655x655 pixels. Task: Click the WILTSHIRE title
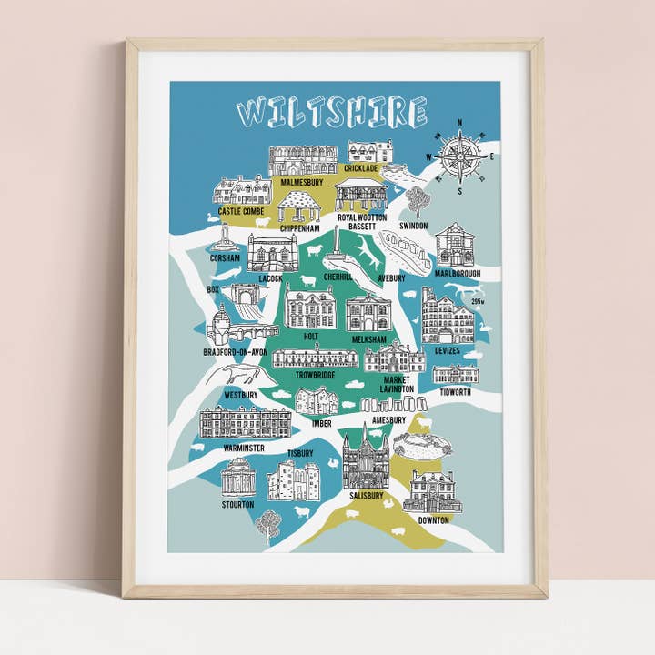pyautogui.click(x=332, y=112)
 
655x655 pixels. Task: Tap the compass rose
pyautogui.click(x=460, y=156)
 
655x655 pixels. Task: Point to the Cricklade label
pyautogui.click(x=361, y=168)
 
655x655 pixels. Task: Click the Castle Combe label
pyautogui.click(x=241, y=211)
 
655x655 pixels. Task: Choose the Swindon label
pyautogui.click(x=413, y=225)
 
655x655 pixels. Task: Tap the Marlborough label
pyautogui.click(x=458, y=273)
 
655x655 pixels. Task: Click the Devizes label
pyautogui.click(x=448, y=350)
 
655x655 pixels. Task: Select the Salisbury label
pyautogui.click(x=366, y=497)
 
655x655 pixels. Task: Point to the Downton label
pyautogui.click(x=433, y=520)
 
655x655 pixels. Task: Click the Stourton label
pyautogui.click(x=238, y=503)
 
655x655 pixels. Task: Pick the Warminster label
pyautogui.click(x=240, y=448)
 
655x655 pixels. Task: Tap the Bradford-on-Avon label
pyautogui.click(x=236, y=352)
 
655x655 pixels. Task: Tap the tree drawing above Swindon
pyautogui.click(x=418, y=201)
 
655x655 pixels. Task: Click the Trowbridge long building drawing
pyautogui.click(x=316, y=356)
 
